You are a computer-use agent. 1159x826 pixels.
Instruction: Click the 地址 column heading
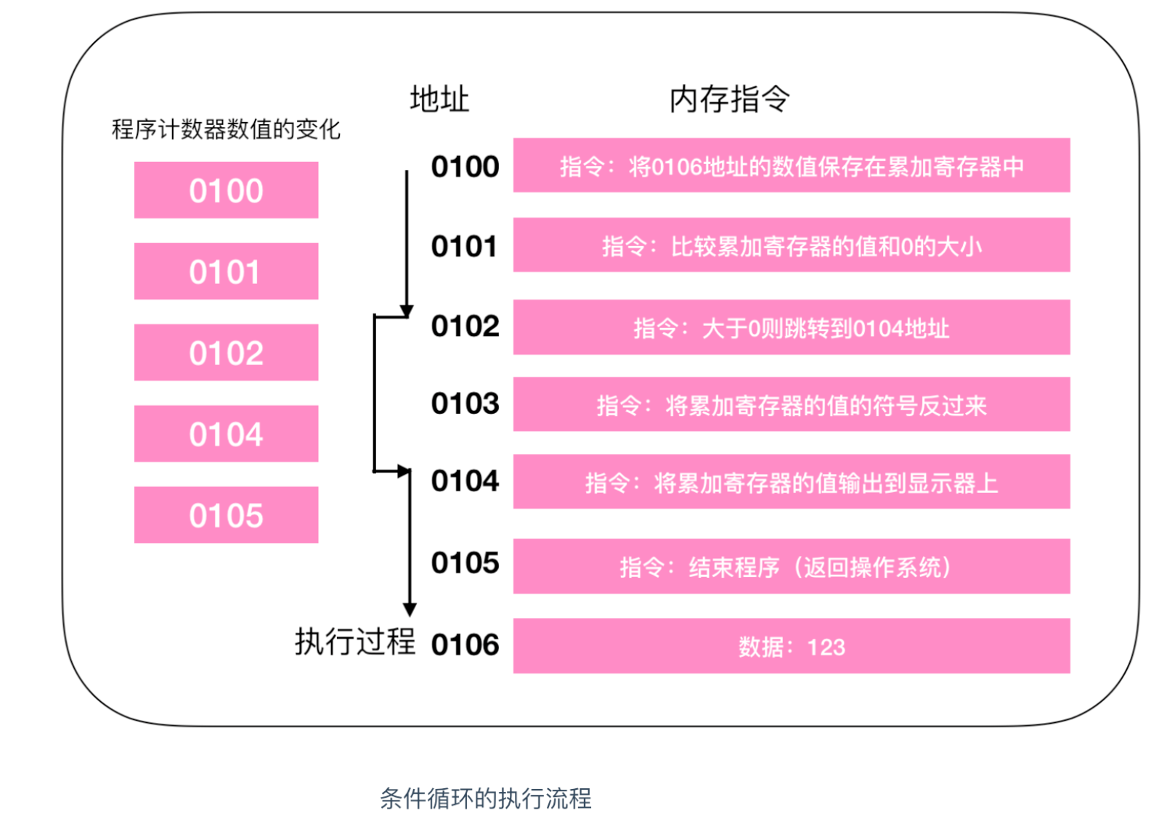click(439, 99)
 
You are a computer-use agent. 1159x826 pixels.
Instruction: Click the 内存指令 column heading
click(729, 99)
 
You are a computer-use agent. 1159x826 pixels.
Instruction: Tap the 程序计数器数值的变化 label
click(226, 129)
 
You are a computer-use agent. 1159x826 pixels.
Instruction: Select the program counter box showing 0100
click(226, 190)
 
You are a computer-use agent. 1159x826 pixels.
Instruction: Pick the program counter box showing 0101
click(226, 271)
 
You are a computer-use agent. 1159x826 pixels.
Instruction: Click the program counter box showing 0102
click(226, 353)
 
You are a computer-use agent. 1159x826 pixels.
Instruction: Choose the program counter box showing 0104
click(226, 434)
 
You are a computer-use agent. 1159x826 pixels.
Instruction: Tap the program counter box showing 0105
click(226, 515)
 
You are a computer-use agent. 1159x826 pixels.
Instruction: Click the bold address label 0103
click(465, 404)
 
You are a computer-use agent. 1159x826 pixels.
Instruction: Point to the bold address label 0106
click(465, 645)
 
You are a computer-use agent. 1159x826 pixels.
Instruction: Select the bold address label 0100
click(465, 167)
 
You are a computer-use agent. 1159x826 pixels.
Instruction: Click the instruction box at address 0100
click(792, 165)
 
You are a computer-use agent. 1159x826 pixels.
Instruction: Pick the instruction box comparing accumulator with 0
click(792, 245)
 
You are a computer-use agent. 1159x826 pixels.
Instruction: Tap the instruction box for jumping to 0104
click(792, 327)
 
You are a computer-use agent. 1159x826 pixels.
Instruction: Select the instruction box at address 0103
click(792, 404)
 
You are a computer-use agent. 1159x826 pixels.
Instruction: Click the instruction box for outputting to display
click(792, 482)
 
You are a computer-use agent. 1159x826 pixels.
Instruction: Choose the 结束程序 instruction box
click(792, 566)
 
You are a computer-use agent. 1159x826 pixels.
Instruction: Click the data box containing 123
click(792, 646)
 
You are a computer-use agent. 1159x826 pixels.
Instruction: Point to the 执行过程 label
click(354, 642)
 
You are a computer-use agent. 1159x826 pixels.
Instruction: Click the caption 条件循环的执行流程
click(485, 798)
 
